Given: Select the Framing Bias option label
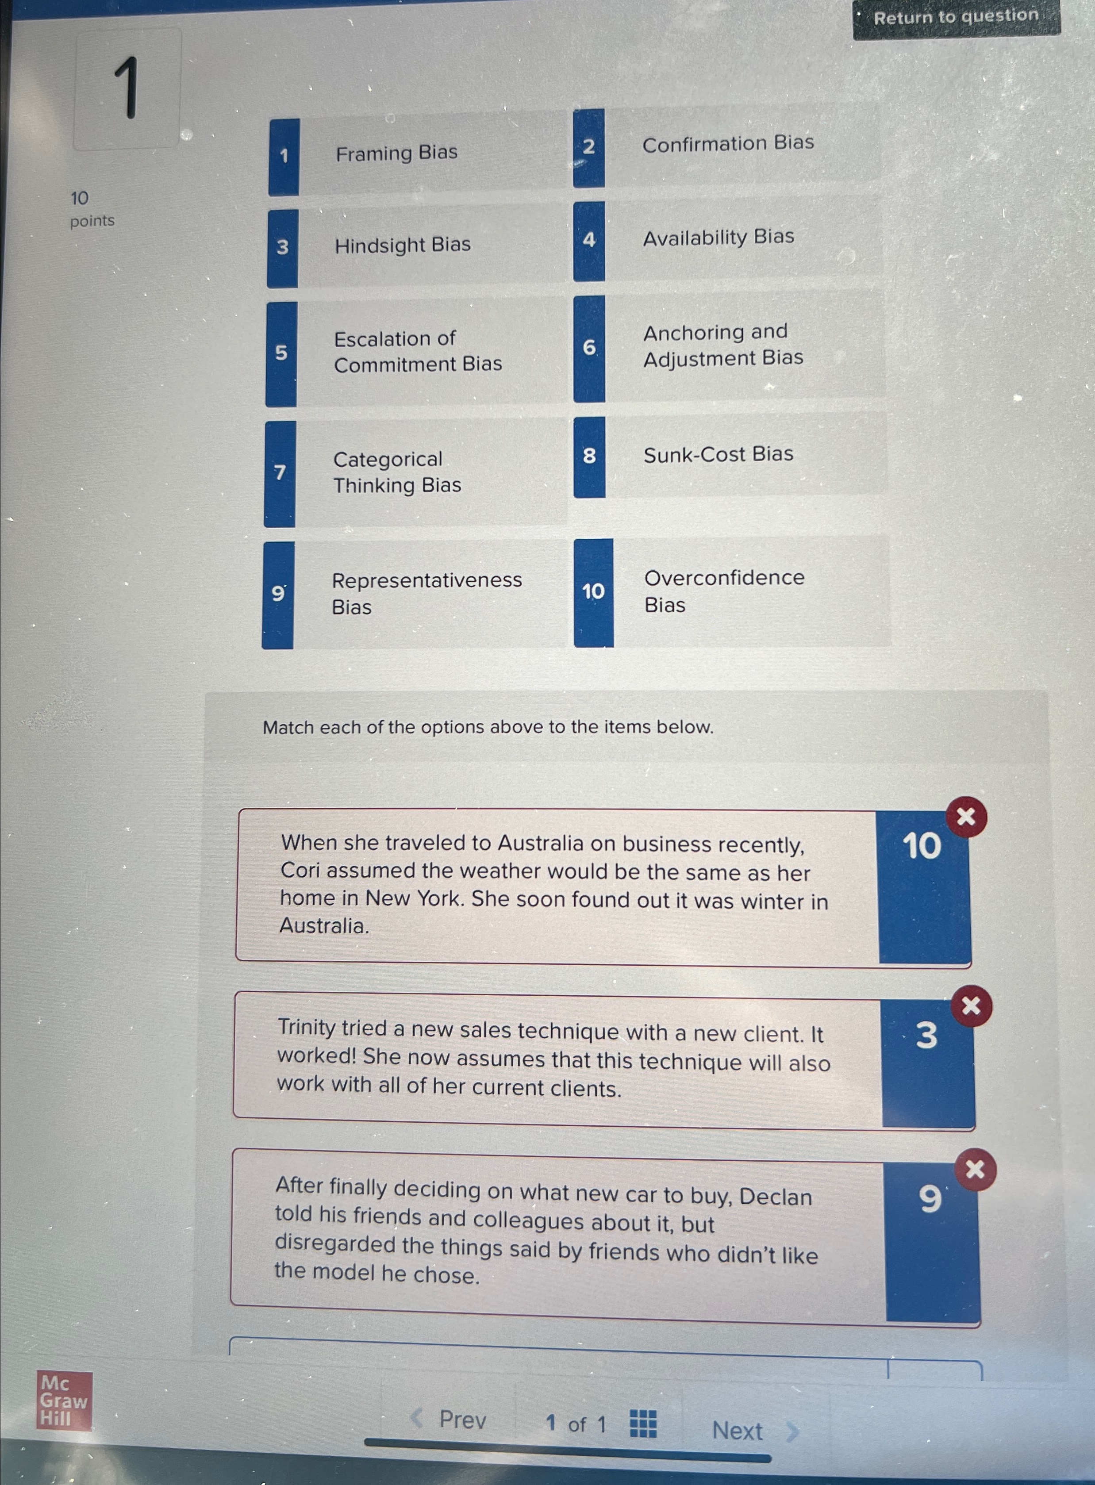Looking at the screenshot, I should pos(396,153).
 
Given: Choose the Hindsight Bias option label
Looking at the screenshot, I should pos(402,245).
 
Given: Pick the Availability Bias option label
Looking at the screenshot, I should pos(718,237).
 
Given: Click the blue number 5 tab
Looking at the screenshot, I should pos(281,353).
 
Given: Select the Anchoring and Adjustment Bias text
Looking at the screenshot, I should pos(722,345).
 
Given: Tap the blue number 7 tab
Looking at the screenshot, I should pos(280,473).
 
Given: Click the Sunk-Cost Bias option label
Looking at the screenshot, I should pos(718,455).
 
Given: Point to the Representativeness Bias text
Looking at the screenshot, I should pos(426,593).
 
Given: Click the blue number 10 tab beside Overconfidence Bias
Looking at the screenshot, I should pos(593,592).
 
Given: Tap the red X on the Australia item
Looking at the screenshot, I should pos(966,817).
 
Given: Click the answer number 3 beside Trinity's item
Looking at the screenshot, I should pos(926,1035).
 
